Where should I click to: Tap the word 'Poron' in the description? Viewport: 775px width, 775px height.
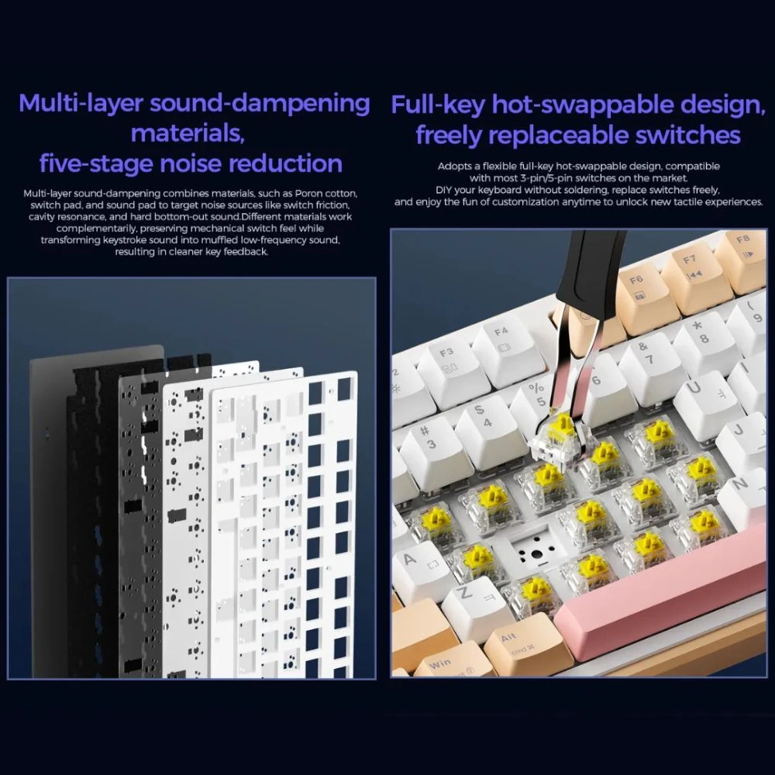(x=309, y=193)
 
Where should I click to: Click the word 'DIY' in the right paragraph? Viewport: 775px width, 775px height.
(x=443, y=190)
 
